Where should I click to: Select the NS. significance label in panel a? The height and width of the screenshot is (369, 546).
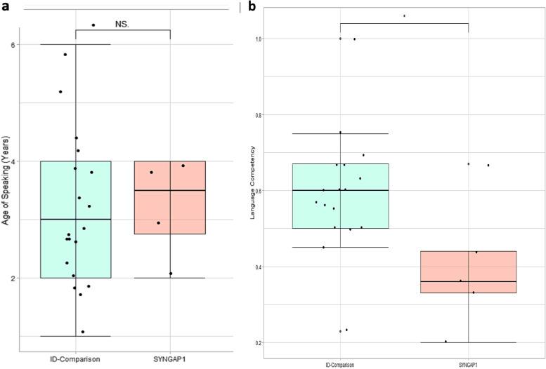(x=122, y=24)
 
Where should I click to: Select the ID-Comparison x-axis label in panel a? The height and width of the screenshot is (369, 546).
(x=76, y=359)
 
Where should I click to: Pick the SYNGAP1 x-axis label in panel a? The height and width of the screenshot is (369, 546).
(x=169, y=359)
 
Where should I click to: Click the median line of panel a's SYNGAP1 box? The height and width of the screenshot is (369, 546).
(x=169, y=190)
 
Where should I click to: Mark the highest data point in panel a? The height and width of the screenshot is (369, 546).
(x=93, y=25)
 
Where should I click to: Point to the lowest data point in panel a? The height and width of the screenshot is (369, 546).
(x=83, y=332)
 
